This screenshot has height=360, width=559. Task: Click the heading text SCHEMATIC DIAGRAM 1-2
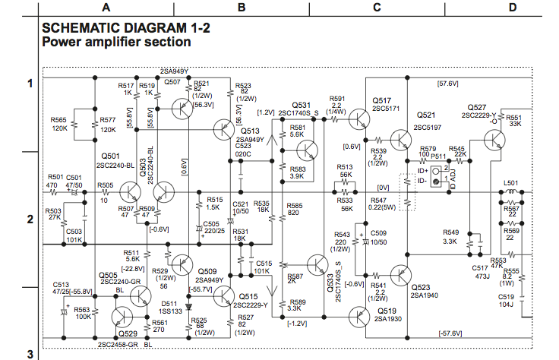pos(125,28)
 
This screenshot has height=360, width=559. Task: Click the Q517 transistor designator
pos(382,100)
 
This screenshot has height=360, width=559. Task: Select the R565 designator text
pos(59,120)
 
